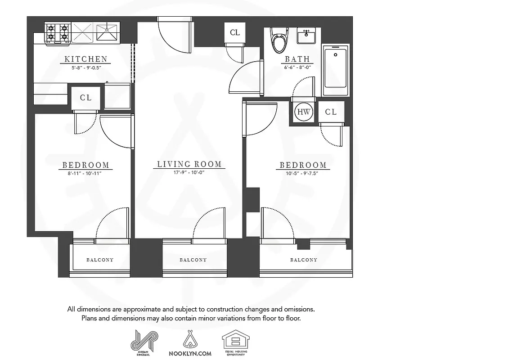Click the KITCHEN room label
pyautogui.click(x=86, y=59)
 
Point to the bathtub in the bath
pyautogui.click(x=336, y=69)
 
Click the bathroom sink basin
pyautogui.click(x=309, y=36)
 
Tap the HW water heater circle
pyautogui.click(x=304, y=112)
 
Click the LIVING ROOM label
pyautogui.click(x=189, y=164)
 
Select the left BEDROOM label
pyautogui.click(x=86, y=165)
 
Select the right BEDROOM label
pyautogui.click(x=303, y=165)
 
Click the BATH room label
pyautogui.click(x=297, y=59)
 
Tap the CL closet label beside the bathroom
pyautogui.click(x=235, y=32)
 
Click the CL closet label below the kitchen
pyautogui.click(x=85, y=98)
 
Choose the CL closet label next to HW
pyautogui.click(x=331, y=112)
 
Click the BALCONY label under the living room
pyautogui.click(x=193, y=260)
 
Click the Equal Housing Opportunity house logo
pyautogui.click(x=235, y=343)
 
